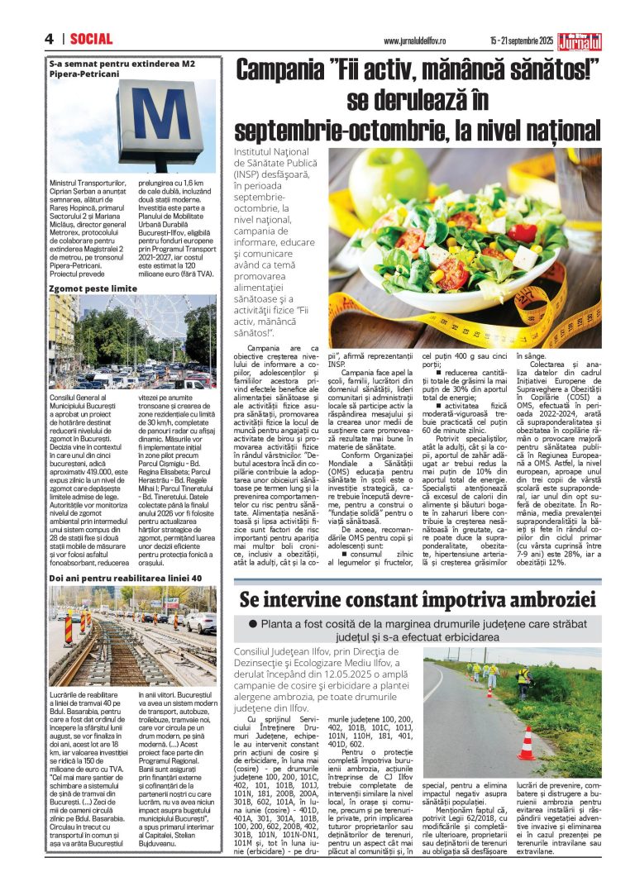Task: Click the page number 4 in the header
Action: pyautogui.click(x=49, y=39)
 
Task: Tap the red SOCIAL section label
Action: pyautogui.click(x=91, y=39)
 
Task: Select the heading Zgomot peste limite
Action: pyautogui.click(x=92, y=288)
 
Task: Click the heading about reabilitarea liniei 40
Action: pyautogui.click(x=120, y=579)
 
